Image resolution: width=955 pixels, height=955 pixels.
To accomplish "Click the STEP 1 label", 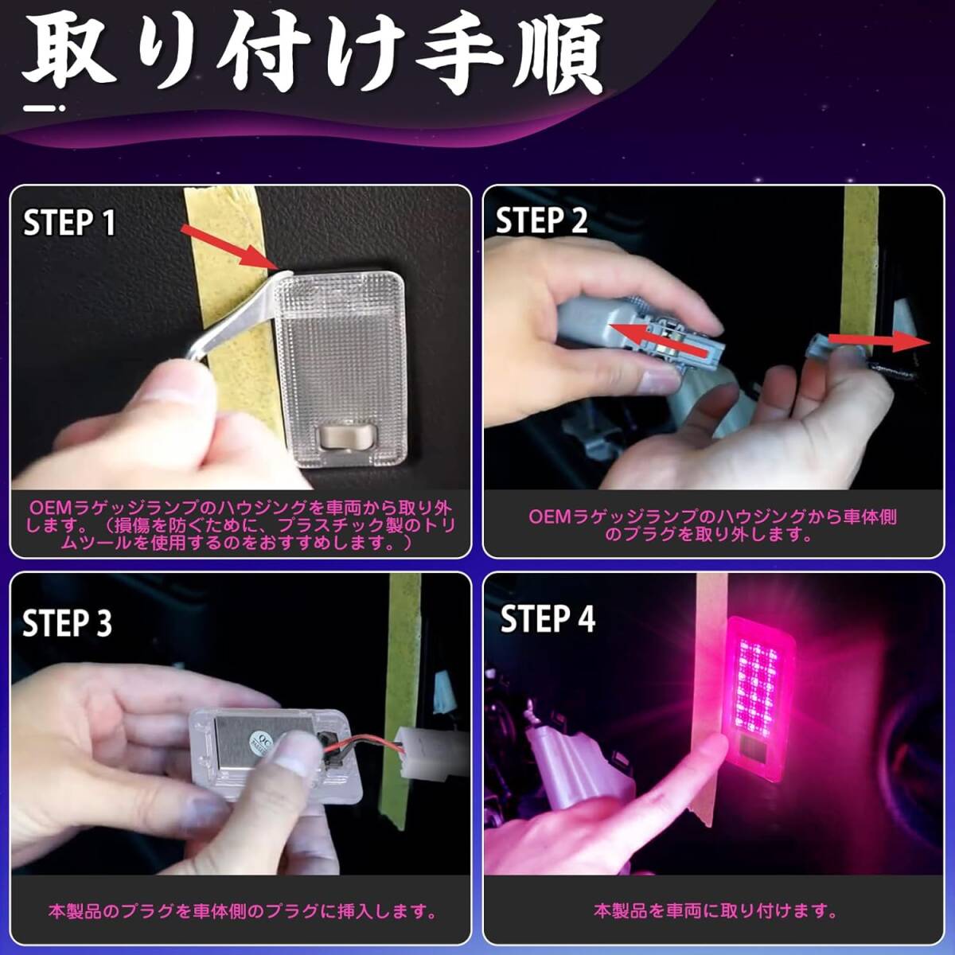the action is (69, 223).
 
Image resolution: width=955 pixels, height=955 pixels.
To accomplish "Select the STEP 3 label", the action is (68, 622).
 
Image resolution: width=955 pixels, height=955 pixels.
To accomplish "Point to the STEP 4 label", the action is (548, 619).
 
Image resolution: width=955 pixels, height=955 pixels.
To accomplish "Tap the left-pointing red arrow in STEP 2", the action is (657, 340).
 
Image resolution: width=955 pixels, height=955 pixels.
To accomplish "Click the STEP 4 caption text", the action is (715, 911).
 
